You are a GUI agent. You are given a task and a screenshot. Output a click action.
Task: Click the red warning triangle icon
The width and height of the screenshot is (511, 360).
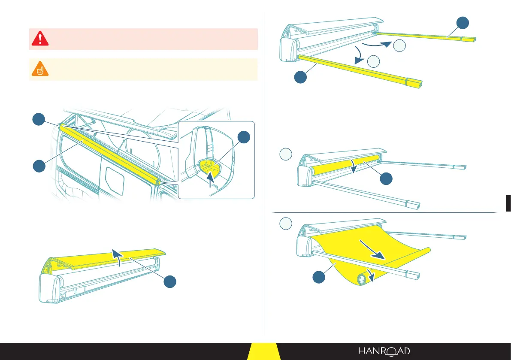[39, 39]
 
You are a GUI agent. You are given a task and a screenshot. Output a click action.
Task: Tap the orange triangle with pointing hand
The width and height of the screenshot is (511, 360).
[39, 69]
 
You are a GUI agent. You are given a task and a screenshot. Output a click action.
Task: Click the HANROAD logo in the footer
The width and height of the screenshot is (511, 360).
[384, 351]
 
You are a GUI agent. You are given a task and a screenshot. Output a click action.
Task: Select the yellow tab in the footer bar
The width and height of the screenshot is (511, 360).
[264, 351]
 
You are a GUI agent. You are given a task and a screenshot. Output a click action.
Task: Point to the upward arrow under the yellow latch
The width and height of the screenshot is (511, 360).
[209, 178]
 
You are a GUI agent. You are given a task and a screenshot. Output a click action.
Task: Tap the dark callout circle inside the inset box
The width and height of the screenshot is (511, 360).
[244, 139]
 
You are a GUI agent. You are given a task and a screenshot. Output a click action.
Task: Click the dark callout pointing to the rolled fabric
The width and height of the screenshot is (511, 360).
[386, 179]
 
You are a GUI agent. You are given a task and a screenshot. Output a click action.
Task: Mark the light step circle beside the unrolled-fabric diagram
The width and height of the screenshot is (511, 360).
[286, 224]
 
